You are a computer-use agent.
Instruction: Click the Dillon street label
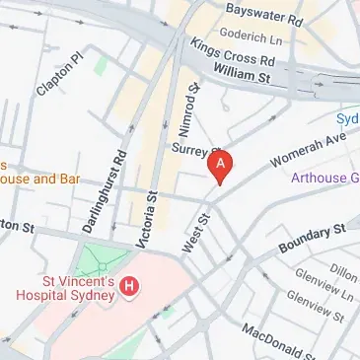pyautogui.click(x=343, y=272)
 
